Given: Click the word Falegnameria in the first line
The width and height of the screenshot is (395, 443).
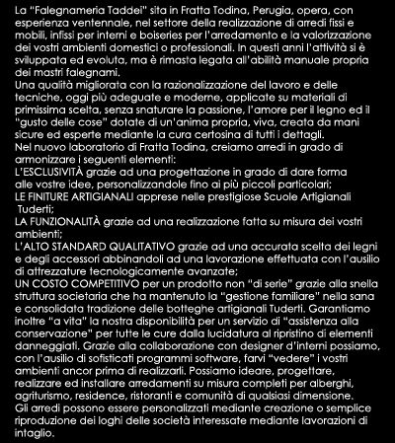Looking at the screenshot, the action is [x=69, y=9].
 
